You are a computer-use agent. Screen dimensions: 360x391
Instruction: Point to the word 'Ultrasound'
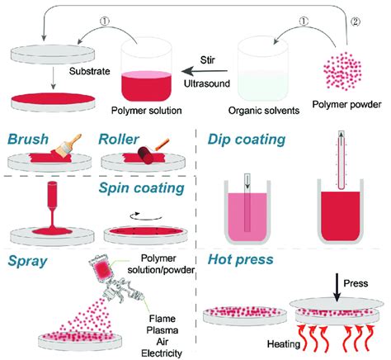(x=205, y=81)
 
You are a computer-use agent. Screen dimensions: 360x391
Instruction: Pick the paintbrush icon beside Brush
(x=72, y=145)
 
